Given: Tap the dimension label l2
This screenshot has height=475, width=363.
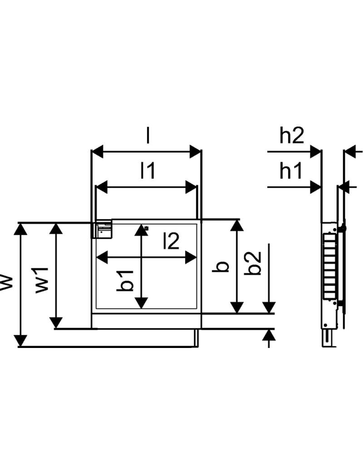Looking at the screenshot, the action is coord(171,241).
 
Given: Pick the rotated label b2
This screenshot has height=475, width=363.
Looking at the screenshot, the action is coord(253,263).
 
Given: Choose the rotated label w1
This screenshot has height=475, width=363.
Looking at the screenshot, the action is coord(42,280).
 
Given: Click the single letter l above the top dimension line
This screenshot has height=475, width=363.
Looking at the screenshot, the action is coord(147,135).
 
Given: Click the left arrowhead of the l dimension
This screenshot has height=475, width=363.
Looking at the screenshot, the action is coord(98,151).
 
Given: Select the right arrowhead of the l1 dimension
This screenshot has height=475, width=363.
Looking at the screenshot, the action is coord(191,187).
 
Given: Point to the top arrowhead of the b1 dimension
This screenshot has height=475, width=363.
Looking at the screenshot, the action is coord(141,230).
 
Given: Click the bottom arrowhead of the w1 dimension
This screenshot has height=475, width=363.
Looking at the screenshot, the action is coord(56,322).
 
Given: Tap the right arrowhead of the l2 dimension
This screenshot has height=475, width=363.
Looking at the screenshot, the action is coord(191,257).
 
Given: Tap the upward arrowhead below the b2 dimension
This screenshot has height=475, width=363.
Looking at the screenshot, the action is coord(269,336).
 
